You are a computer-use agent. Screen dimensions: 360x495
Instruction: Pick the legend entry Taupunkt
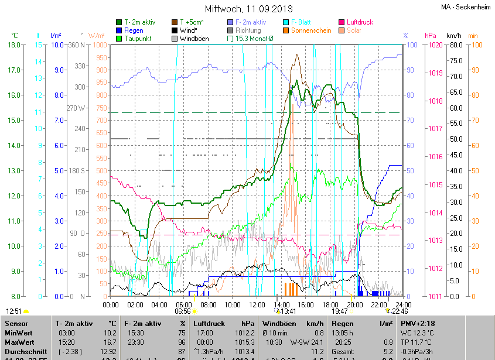[x=138, y=39]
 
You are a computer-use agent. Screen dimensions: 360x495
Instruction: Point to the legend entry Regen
[x=134, y=30]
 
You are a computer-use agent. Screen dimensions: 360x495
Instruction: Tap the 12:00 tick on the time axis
[x=257, y=305]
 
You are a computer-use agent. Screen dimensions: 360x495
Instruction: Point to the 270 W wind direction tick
[x=76, y=108]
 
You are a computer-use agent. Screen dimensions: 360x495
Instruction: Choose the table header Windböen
[x=278, y=324]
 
